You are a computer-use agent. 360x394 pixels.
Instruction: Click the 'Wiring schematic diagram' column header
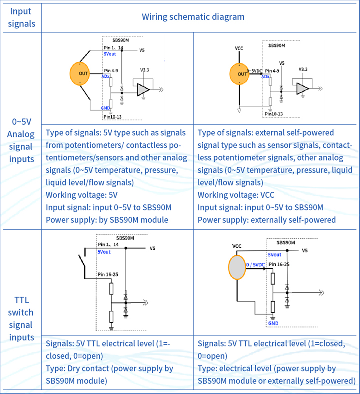[x=193, y=17]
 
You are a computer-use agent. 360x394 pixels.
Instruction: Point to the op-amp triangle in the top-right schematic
[x=302, y=88]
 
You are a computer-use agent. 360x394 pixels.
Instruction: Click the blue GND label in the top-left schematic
[x=106, y=108]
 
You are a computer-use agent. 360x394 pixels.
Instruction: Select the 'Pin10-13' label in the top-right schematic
[x=274, y=114]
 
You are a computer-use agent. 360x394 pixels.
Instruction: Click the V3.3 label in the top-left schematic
[x=145, y=70]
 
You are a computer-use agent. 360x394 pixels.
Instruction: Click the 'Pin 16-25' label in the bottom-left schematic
[x=109, y=275]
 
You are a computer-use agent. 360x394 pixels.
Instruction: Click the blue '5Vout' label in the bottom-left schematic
[x=104, y=252]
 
